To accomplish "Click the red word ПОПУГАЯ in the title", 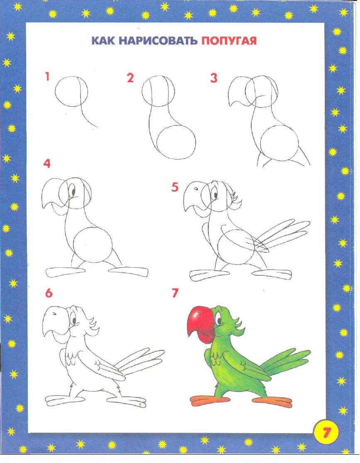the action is [x=229, y=41].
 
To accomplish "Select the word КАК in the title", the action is [x=103, y=41].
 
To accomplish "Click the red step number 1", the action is [x=47, y=77].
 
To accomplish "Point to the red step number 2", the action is [x=130, y=78].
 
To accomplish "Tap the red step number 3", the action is [x=214, y=78].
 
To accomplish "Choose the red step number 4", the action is [x=47, y=163].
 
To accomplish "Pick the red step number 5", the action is [x=175, y=187].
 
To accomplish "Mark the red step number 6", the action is [x=49, y=293].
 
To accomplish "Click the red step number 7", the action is [x=175, y=293].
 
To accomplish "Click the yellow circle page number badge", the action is [x=326, y=433].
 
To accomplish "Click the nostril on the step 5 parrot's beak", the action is [x=195, y=189].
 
